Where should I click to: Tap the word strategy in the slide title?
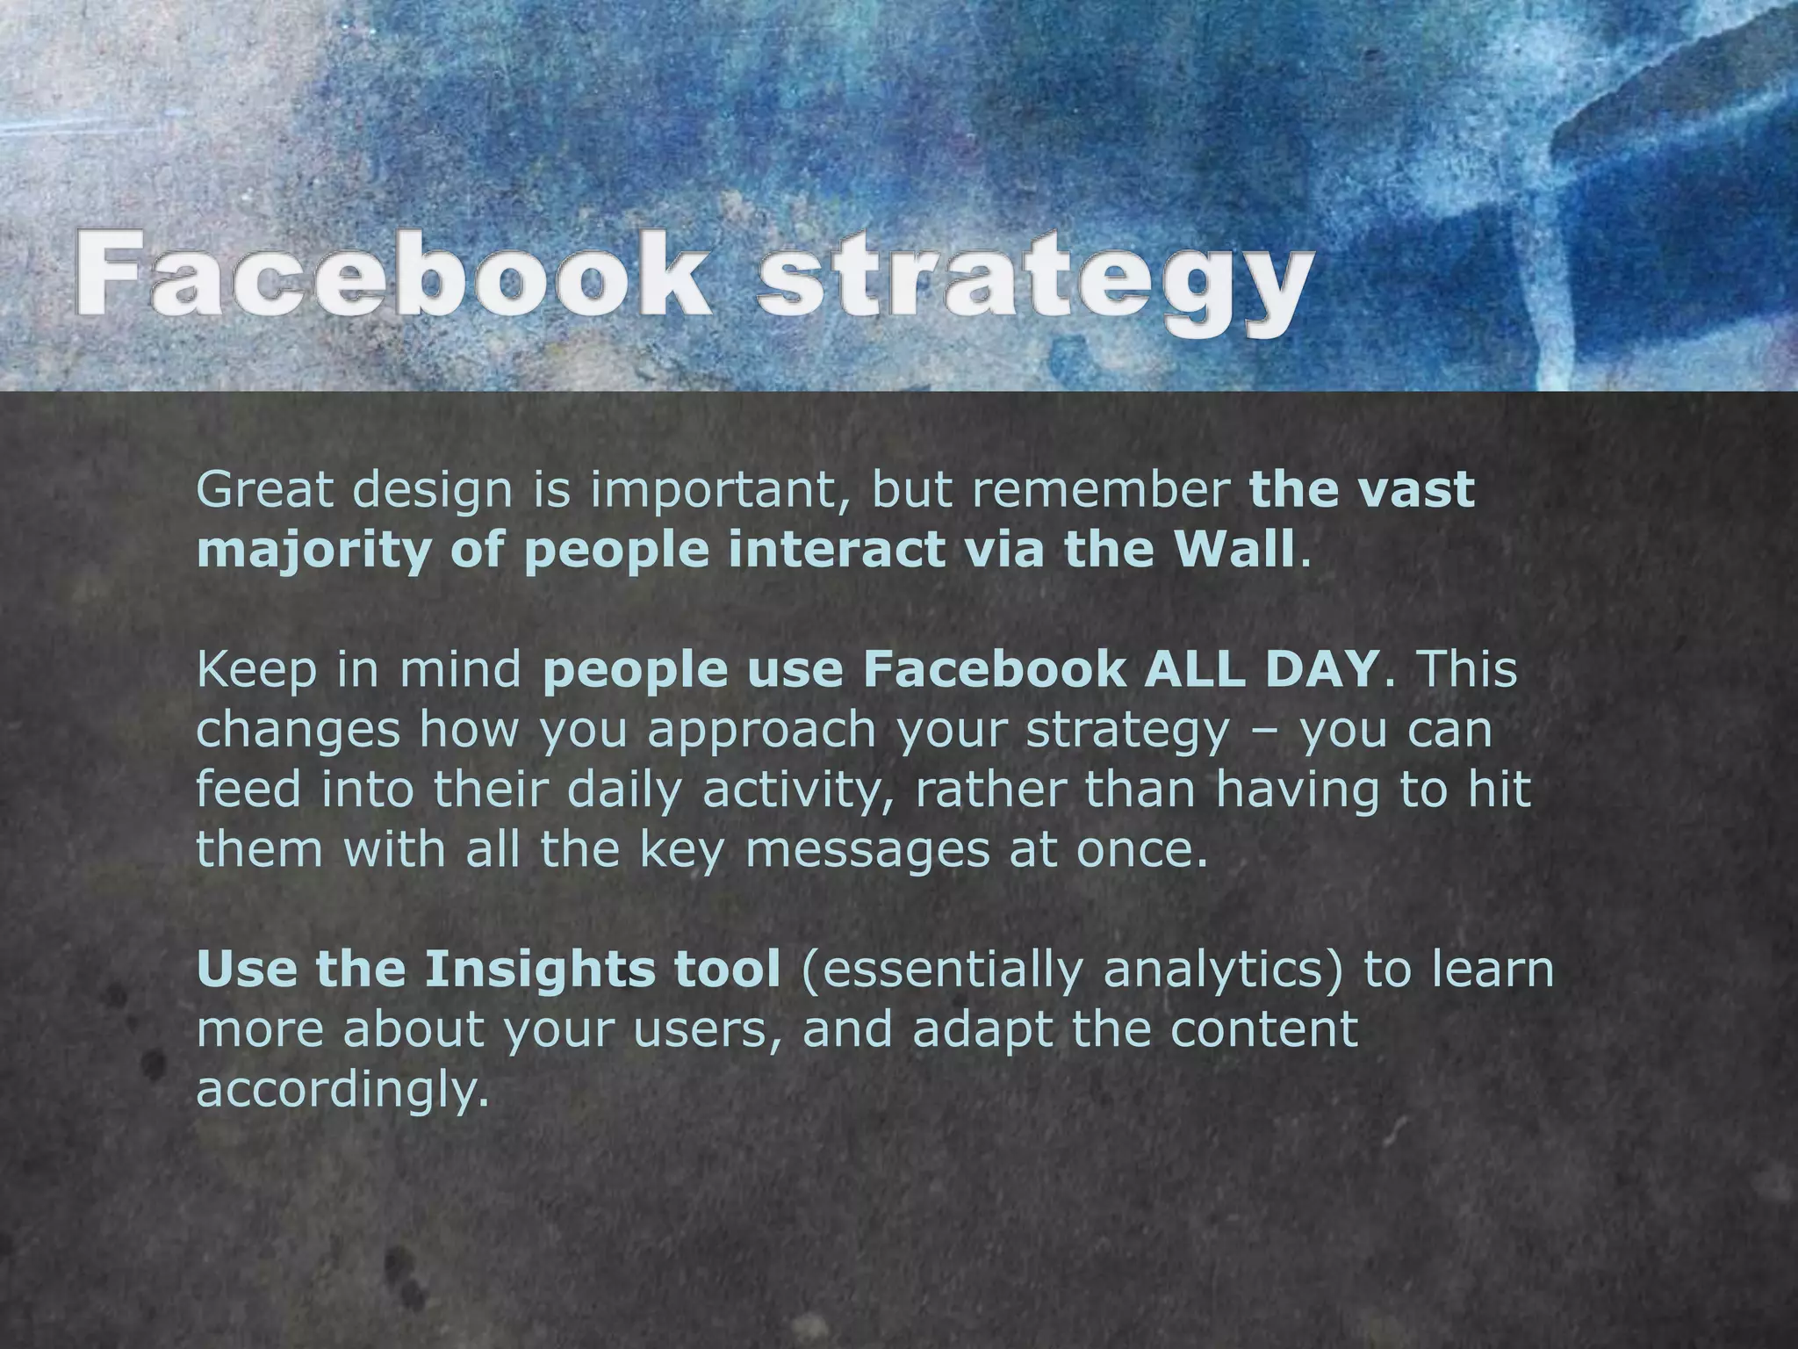coord(1037,279)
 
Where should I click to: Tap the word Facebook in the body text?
coord(993,669)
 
